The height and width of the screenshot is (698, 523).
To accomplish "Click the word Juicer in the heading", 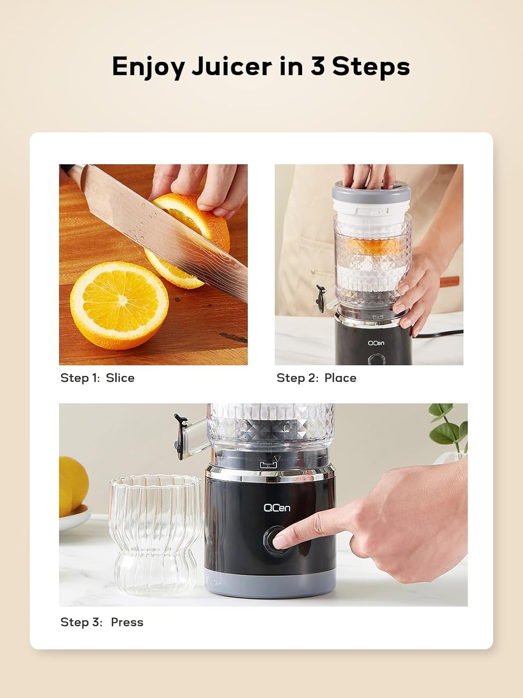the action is pos(232,66).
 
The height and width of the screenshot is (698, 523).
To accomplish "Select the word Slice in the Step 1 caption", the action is pos(120,378).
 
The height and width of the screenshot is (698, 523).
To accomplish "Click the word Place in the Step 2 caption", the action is pos(340,378).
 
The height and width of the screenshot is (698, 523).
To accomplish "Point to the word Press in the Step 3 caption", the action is pos(127,622).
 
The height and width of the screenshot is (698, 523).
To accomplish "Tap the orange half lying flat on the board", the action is pos(119,305).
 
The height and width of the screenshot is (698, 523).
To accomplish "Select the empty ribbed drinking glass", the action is pos(155,535).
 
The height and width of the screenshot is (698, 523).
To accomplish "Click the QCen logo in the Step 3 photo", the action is pos(277,508).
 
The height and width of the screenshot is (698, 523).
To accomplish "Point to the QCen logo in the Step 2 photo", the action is pos(376,343).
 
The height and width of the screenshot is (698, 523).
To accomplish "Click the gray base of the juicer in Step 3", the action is pos(270,584).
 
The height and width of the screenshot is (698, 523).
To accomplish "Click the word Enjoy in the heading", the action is pos(148,67).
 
